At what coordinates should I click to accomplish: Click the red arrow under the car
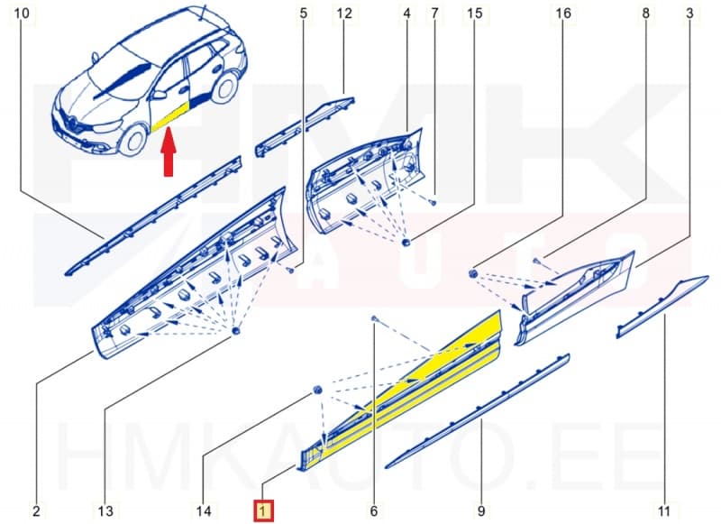(169, 152)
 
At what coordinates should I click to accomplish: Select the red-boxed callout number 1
(263, 510)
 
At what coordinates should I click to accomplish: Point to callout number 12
(344, 14)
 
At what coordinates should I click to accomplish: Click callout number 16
(563, 14)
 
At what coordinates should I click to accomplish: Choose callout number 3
(689, 14)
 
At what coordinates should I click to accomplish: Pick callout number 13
(105, 510)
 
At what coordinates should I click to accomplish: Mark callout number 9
(481, 510)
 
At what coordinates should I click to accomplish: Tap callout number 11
(664, 510)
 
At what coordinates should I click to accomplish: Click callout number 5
(303, 14)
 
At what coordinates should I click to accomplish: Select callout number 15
(475, 14)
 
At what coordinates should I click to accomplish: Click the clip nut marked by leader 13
(236, 331)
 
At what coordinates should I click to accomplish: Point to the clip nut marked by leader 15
(406, 243)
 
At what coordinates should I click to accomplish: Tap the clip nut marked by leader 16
(472, 274)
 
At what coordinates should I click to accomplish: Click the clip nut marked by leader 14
(317, 391)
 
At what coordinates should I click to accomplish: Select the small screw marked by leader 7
(433, 202)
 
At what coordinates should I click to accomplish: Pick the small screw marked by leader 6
(374, 318)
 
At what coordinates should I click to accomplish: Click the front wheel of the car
(132, 142)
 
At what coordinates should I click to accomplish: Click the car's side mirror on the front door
(160, 96)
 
